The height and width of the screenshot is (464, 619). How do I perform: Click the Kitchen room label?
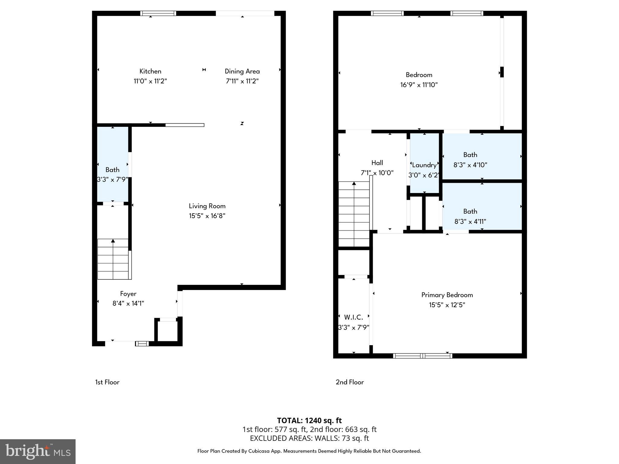150,71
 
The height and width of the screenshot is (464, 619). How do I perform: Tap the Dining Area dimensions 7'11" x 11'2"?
242,81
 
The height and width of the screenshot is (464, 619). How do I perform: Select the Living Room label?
207,206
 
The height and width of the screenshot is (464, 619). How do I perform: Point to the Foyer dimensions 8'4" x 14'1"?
128,303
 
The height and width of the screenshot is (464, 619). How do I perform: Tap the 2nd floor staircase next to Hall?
354,214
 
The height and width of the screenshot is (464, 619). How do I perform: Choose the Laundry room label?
424,165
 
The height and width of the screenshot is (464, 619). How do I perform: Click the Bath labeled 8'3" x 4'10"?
470,159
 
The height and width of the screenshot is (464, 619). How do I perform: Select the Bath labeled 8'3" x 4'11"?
470,216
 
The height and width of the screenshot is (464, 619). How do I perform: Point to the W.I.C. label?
353,317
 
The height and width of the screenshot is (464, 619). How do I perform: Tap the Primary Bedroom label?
447,295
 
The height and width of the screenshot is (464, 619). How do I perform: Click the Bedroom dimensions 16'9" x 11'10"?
419,85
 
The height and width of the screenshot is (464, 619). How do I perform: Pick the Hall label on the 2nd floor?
377,163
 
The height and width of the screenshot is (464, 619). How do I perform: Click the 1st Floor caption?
107,382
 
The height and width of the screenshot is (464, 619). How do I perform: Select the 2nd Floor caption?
350,382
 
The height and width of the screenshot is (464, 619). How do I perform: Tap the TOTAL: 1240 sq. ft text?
309,420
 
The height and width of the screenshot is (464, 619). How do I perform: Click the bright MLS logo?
37,451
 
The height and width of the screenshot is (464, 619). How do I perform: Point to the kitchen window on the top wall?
158,13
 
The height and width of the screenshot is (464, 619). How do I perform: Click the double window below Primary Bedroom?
423,356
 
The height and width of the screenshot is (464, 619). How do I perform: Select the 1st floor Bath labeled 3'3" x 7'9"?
112,175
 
